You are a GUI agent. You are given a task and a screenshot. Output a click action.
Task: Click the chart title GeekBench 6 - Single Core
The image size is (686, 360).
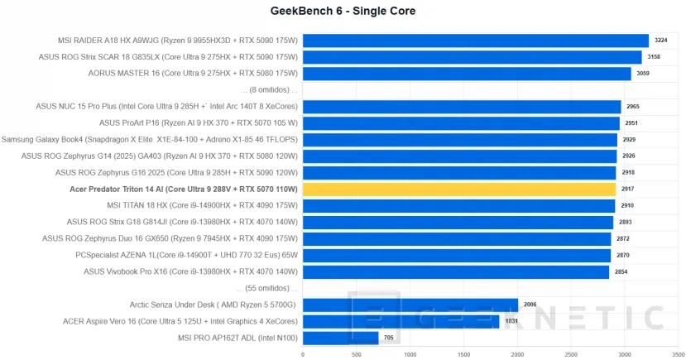[x=343, y=12]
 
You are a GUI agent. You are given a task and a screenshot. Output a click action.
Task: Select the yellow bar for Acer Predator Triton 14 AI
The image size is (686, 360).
[x=458, y=190]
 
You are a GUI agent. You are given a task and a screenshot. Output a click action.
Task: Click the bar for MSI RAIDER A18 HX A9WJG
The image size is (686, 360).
[x=475, y=41]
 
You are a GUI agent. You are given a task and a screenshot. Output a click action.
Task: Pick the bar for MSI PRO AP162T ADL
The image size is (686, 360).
[x=340, y=338]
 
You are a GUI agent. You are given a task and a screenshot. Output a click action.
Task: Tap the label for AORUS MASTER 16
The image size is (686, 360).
[x=193, y=73]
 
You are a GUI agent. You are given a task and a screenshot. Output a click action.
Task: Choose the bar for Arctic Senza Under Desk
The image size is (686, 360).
[x=410, y=305]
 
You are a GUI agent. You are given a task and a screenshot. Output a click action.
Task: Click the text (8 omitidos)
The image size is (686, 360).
[x=268, y=89]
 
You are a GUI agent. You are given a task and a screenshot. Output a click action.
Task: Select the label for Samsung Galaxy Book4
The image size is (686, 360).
[x=150, y=140]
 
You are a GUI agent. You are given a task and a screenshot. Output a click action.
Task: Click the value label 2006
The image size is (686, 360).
[x=530, y=305]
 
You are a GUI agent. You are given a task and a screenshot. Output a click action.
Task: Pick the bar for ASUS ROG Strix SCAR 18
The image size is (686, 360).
[x=472, y=57]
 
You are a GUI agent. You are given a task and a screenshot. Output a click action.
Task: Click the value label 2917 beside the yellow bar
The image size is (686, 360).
[x=627, y=190]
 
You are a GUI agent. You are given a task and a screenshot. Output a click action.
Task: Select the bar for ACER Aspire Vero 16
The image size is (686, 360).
[x=401, y=321]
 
